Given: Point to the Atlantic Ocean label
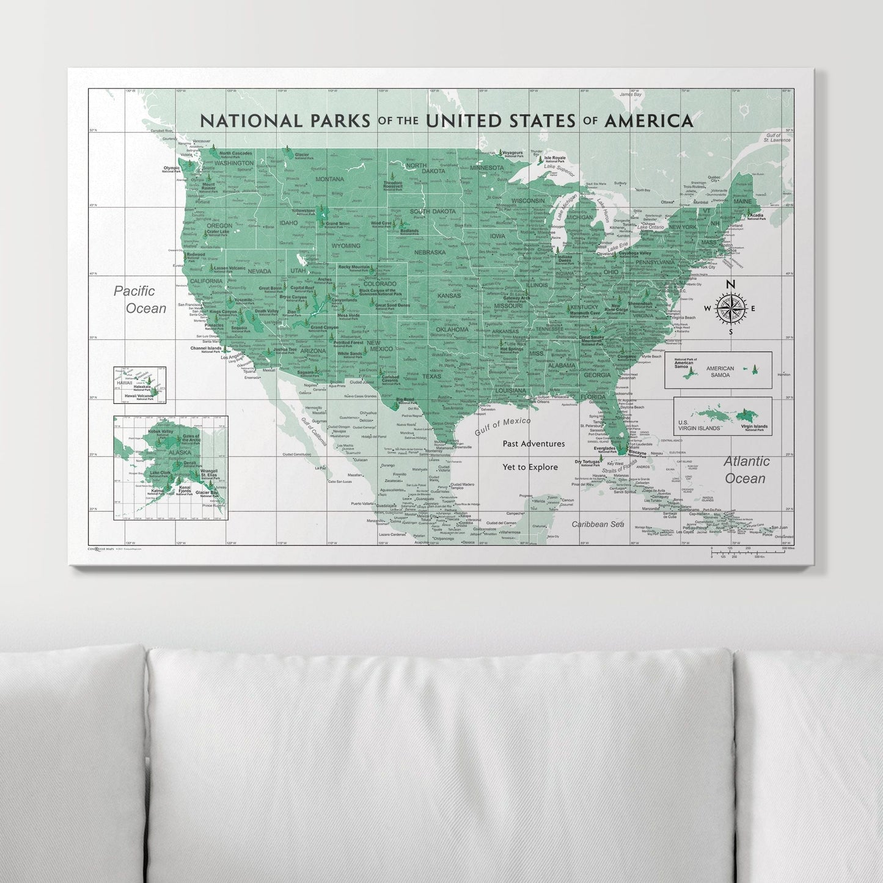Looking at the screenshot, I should pyautogui.click(x=746, y=470).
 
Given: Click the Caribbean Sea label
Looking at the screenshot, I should pyautogui.click(x=597, y=524).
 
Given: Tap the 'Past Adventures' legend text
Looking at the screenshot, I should pyautogui.click(x=533, y=444).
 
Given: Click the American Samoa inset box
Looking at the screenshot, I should pyautogui.click(x=718, y=370).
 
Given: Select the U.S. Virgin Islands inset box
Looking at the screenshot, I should pyautogui.click(x=722, y=416).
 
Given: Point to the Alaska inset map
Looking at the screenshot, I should pyautogui.click(x=170, y=467).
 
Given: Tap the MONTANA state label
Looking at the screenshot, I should pyautogui.click(x=329, y=179).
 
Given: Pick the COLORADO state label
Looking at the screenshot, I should pyautogui.click(x=379, y=284).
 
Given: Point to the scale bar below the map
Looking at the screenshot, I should pyautogui.click(x=752, y=552).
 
